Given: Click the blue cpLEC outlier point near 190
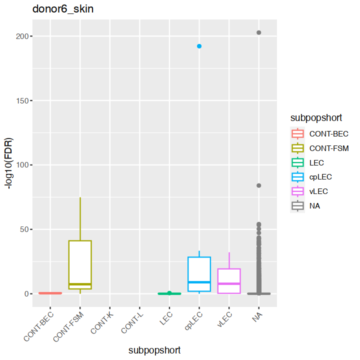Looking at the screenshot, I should (x=199, y=46).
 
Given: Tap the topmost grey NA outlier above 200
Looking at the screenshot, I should (x=259, y=32).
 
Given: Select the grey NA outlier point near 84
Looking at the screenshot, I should (x=259, y=185).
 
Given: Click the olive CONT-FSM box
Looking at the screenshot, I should (x=80, y=265).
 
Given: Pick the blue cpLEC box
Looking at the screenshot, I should (x=199, y=274).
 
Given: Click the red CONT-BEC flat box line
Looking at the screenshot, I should (x=50, y=293).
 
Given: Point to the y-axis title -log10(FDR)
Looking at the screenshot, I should (x=9, y=163).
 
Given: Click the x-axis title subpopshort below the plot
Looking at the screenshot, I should (x=154, y=350).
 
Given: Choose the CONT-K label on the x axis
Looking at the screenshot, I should (x=103, y=323).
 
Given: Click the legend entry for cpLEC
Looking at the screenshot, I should (x=320, y=176).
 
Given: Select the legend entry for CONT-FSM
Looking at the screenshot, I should (x=328, y=148).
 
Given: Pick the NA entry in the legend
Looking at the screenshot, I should (x=314, y=205).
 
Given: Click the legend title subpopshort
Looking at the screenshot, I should (x=316, y=118).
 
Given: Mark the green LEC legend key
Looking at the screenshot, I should (x=298, y=162).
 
